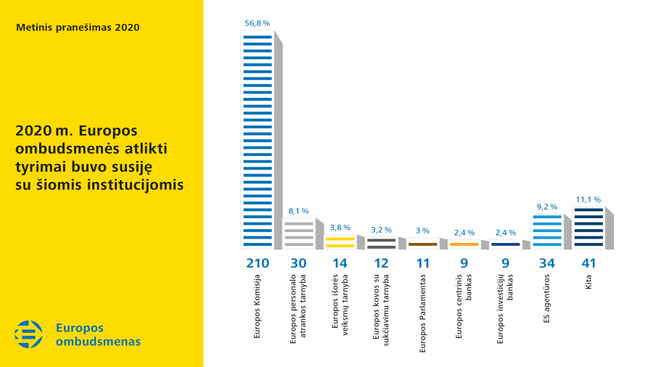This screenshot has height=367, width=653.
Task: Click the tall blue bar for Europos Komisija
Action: coord(258,141)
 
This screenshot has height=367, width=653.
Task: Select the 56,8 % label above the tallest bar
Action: coord(258,24)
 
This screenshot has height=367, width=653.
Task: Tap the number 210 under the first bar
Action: coord(258,263)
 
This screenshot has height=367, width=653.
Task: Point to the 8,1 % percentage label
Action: coord(299,211)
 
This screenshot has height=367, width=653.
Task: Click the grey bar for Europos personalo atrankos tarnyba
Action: coord(299,234)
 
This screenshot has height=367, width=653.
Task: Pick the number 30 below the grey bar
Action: coord(299,263)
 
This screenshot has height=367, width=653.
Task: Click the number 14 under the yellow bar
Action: coord(340,263)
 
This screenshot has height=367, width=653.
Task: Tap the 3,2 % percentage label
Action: coord(382,230)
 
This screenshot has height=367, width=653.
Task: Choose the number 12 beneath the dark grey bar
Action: coord(382,263)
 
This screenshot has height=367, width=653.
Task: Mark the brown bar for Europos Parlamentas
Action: coord(422,244)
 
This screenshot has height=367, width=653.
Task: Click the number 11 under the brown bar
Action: coord(422,263)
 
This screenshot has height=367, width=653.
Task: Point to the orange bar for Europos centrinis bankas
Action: coord(464,244)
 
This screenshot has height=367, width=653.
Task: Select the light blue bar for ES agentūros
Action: coord(547,231)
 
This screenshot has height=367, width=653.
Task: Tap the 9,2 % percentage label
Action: coord(547,207)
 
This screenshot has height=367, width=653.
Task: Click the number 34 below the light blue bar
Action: coord(547,263)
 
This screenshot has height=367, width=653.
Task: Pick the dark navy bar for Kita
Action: coord(588,227)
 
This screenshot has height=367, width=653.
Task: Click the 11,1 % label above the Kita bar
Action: coord(588,199)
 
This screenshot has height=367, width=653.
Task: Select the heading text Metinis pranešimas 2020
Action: coord(78,28)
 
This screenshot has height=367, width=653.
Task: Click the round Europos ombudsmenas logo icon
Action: coord(29,334)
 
